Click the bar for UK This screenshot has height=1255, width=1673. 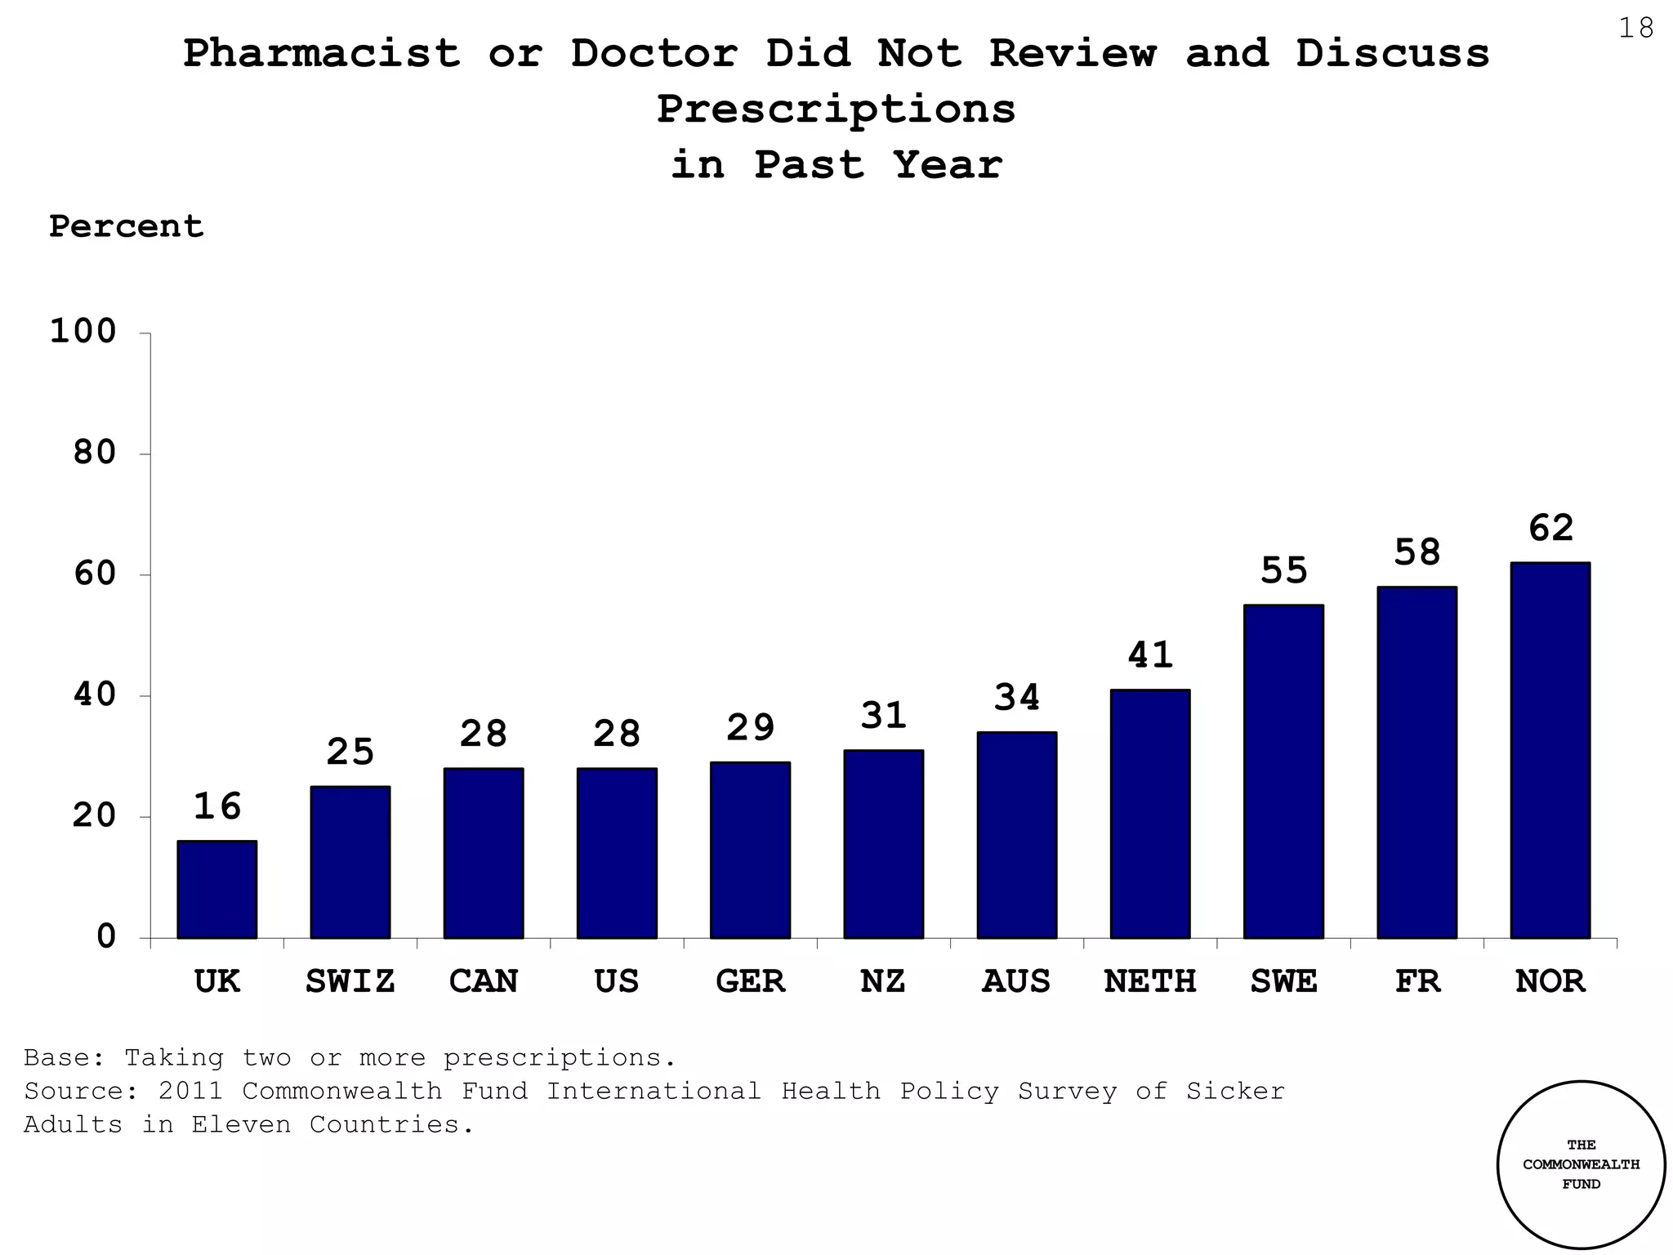pyautogui.click(x=216, y=889)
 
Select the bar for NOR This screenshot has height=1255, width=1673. pyautogui.click(x=1550, y=750)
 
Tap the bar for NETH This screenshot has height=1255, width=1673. pyautogui.click(x=1150, y=814)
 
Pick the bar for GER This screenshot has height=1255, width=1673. pyautogui.click(x=750, y=850)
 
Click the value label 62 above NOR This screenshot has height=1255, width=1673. pyautogui.click(x=1550, y=528)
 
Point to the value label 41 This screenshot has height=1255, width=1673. pyautogui.click(x=1150, y=654)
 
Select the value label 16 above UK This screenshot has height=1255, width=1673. pyautogui.click(x=216, y=806)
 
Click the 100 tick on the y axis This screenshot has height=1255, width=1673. pyautogui.click(x=84, y=332)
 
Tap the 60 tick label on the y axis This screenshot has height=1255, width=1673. pyautogui.click(x=96, y=574)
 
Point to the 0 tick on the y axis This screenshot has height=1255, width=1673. pyautogui.click(x=107, y=936)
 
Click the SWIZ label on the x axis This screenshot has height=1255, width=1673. pyautogui.click(x=350, y=980)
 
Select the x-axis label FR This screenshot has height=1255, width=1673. pyautogui.click(x=1416, y=980)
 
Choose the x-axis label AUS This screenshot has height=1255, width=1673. pyautogui.click(x=1016, y=980)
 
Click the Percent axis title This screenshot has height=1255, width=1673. pyautogui.click(x=126, y=226)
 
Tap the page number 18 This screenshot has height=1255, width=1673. pyautogui.click(x=1635, y=29)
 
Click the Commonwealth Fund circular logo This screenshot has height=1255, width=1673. pyautogui.click(x=1581, y=1164)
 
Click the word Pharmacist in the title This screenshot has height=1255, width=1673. pyautogui.click(x=322, y=54)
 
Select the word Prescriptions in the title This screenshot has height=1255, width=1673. pyautogui.click(x=836, y=109)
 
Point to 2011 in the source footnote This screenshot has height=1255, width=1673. pyautogui.click(x=191, y=1091)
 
